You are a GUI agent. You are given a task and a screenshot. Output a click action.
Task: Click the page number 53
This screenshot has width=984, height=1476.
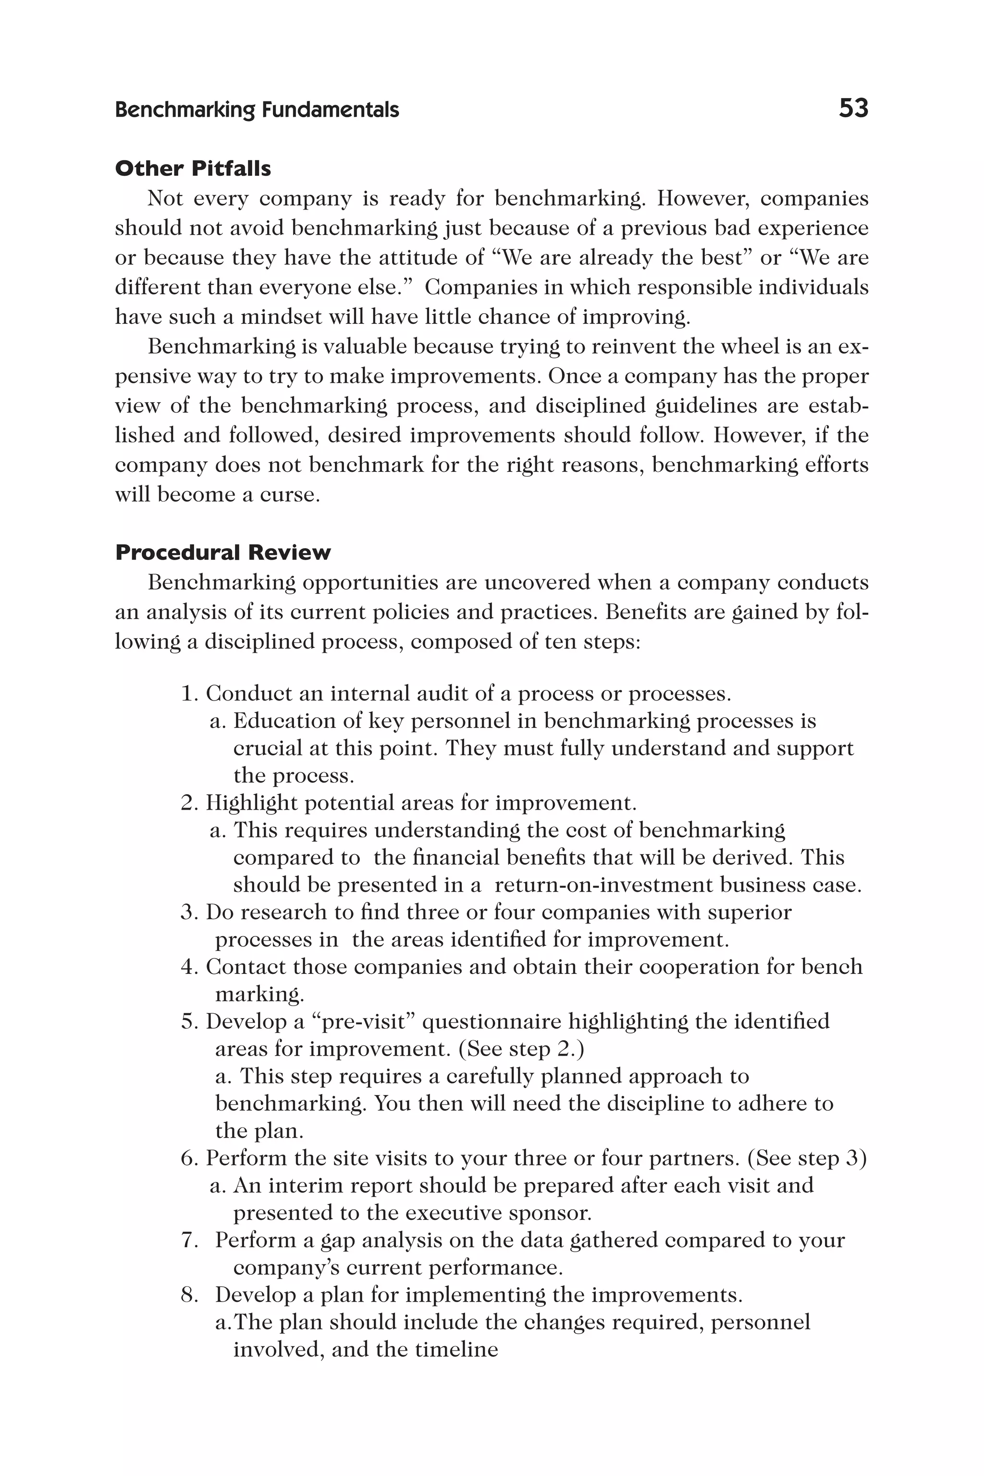pyautogui.click(x=853, y=109)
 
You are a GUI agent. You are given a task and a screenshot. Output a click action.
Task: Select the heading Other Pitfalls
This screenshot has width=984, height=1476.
pyautogui.click(x=193, y=168)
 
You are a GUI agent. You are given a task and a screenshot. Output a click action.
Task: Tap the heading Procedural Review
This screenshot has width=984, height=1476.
pyautogui.click(x=223, y=552)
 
